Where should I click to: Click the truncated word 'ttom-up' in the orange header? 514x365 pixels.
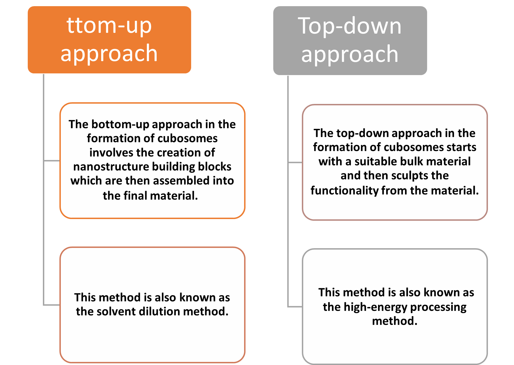tap(109, 25)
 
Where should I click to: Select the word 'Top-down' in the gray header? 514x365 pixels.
tap(350, 26)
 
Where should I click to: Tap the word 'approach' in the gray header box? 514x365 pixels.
tap(350, 54)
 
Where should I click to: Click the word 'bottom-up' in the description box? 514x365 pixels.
tap(120, 124)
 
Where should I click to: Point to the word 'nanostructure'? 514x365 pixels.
tap(111, 167)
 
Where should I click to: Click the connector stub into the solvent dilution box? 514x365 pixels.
tap(52, 305)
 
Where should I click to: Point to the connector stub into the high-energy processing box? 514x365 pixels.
tap(295, 307)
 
